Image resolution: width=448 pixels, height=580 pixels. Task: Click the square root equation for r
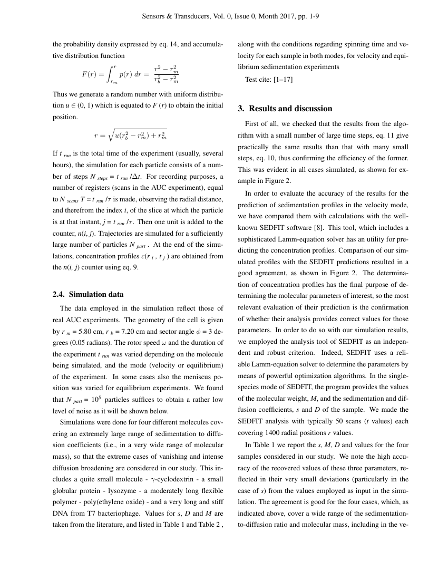(130, 136)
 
